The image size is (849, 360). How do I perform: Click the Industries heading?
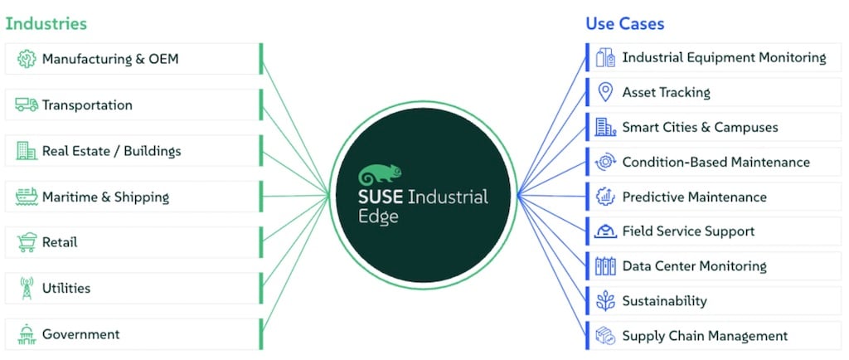pyautogui.click(x=46, y=23)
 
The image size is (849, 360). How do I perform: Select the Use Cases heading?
pyautogui.click(x=625, y=23)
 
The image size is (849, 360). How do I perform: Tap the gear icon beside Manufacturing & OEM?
pyautogui.click(x=27, y=59)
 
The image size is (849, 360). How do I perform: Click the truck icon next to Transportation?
pyautogui.click(x=27, y=105)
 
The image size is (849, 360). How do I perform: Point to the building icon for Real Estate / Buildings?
pyautogui.click(x=27, y=151)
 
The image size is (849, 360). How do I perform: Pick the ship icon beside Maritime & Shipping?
pyautogui.click(x=27, y=197)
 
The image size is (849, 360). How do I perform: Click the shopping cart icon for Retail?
pyautogui.click(x=27, y=243)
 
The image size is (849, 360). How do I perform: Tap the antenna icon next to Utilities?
pyautogui.click(x=27, y=289)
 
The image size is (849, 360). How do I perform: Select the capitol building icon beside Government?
pyautogui.click(x=27, y=334)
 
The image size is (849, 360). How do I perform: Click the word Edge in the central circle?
pyautogui.click(x=378, y=216)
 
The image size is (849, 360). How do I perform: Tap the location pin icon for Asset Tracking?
pyautogui.click(x=605, y=92)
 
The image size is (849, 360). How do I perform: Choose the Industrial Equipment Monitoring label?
pyautogui.click(x=724, y=57)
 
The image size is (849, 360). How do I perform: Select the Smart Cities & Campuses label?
pyautogui.click(x=700, y=127)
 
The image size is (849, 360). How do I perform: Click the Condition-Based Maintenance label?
pyautogui.click(x=716, y=162)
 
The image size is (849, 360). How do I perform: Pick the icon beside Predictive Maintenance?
pyautogui.click(x=605, y=197)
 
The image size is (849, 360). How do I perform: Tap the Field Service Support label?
pyautogui.click(x=688, y=231)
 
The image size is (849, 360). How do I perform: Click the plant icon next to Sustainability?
pyautogui.click(x=605, y=301)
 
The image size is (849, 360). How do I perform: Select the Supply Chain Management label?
pyautogui.click(x=705, y=336)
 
